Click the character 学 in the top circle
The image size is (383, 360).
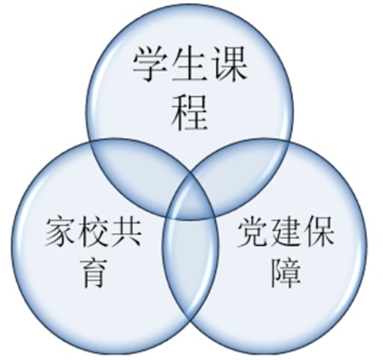tap(150, 64)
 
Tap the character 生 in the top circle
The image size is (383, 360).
tap(190, 64)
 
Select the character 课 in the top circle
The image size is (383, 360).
tap(229, 64)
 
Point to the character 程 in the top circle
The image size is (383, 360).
tap(190, 112)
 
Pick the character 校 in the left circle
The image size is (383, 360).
tap(93, 232)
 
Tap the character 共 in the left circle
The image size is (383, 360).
tap(126, 232)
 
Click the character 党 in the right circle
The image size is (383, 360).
tap(253, 232)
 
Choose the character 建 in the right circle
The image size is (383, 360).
tap(285, 232)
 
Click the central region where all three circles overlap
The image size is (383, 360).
tap(190, 199)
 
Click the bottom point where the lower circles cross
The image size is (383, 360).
tap(190, 319)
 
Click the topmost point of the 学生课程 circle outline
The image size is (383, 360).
tap(190, 5)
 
